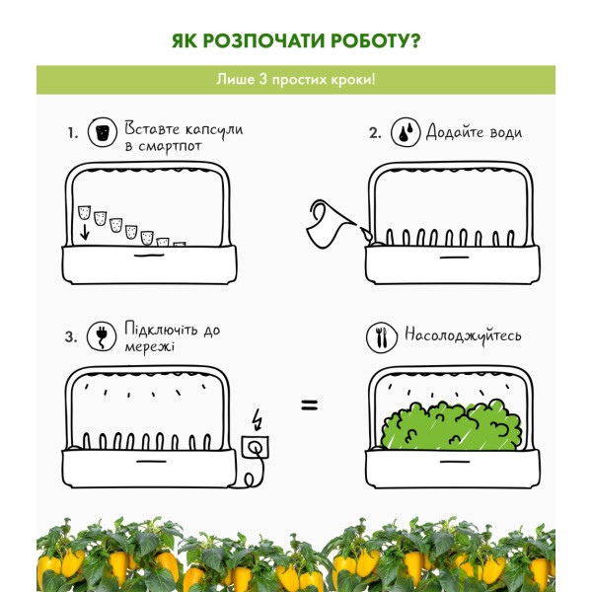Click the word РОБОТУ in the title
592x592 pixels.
(x=375, y=40)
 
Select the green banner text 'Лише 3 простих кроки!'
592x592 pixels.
(x=296, y=80)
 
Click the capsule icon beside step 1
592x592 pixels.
(x=103, y=132)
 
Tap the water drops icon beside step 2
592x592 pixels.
(x=406, y=132)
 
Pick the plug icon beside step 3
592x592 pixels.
(x=102, y=336)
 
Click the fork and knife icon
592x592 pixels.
(x=382, y=337)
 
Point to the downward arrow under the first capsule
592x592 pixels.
(x=85, y=232)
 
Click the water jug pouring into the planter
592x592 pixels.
(x=332, y=225)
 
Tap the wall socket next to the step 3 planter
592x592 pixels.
(x=255, y=447)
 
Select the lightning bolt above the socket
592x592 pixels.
(x=258, y=419)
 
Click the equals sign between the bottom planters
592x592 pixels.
(x=309, y=406)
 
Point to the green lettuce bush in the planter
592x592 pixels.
(x=452, y=425)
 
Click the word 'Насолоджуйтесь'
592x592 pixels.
(x=463, y=335)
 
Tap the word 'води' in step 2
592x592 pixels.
(x=506, y=133)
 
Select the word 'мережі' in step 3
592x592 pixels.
(x=150, y=346)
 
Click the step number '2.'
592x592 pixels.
(x=375, y=133)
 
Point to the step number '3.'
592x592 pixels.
(x=71, y=336)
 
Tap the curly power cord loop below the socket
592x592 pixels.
(x=250, y=480)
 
